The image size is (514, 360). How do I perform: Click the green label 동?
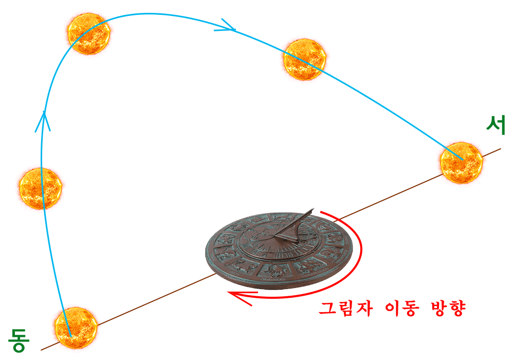point(19,340)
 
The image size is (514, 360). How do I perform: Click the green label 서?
point(495,125)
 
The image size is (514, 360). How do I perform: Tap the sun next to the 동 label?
point(76,328)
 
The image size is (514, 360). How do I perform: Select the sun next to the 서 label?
point(461,163)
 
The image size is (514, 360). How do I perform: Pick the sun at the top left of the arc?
point(89,33)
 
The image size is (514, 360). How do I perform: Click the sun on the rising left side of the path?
point(40,189)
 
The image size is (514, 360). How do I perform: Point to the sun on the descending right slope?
point(304,59)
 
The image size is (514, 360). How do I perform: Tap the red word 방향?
point(447,309)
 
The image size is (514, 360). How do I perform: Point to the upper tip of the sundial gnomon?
point(314,208)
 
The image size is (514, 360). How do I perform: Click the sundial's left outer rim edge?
point(207,251)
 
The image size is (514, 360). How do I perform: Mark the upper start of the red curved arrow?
point(321,212)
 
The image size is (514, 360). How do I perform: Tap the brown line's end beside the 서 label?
point(501,149)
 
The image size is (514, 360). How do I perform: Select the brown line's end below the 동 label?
point(41,350)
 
